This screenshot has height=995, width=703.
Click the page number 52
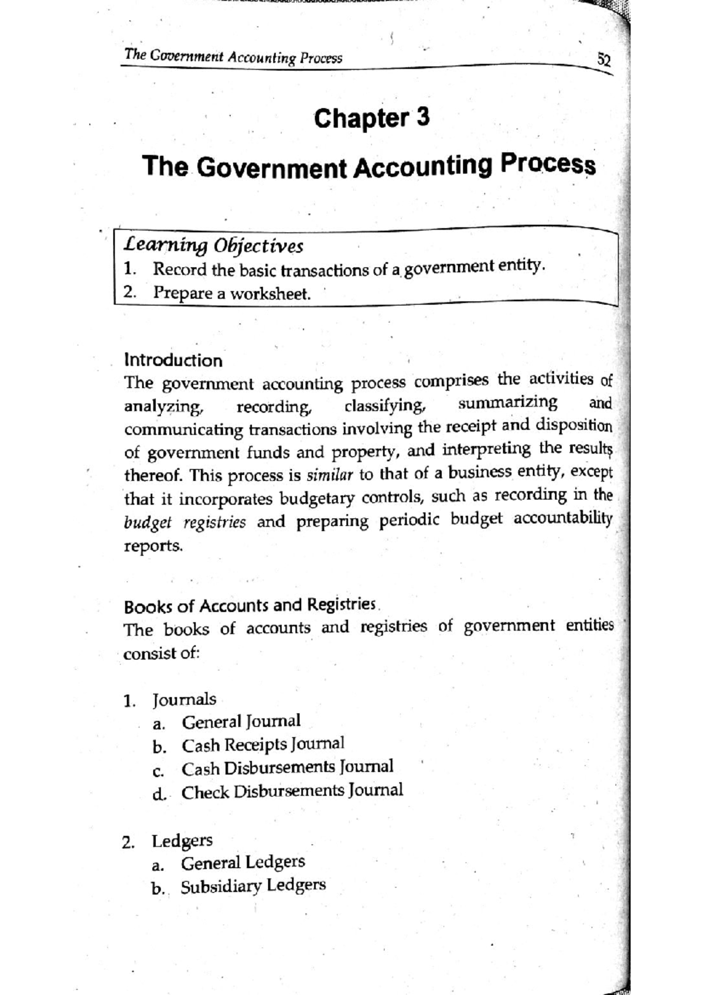click(x=603, y=59)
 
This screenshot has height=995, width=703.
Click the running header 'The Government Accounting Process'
click(x=233, y=57)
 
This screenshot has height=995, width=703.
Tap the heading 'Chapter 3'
click(x=371, y=118)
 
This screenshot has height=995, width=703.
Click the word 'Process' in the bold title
click(x=547, y=164)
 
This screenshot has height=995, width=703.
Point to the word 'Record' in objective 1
click(x=179, y=270)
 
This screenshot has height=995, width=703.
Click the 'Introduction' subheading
click(x=173, y=360)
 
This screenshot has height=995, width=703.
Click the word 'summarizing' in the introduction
click(x=507, y=403)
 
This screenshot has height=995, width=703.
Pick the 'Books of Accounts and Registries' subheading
click(x=250, y=605)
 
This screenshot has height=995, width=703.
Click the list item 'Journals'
click(x=184, y=699)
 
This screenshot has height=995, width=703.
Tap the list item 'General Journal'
click(x=241, y=721)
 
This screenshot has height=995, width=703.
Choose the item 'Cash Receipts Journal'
click(x=262, y=745)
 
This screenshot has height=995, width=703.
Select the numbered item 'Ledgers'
click(x=182, y=840)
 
